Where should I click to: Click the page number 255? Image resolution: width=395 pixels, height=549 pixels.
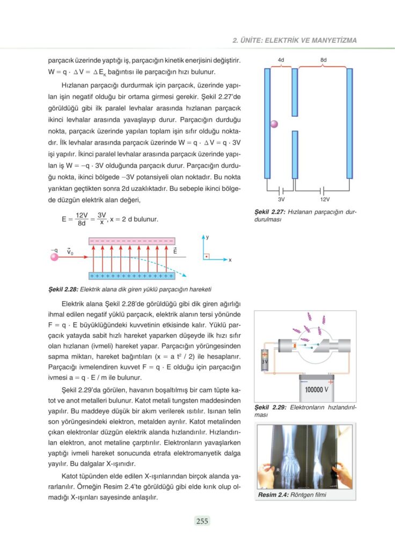pos(202,521)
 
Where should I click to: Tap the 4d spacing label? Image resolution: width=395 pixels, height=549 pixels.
pos(281,60)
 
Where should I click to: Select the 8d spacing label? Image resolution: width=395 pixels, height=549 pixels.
pos(323,60)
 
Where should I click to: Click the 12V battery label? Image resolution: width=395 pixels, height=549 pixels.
pos(324,199)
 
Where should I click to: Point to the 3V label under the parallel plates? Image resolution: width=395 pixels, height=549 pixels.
pos(281,199)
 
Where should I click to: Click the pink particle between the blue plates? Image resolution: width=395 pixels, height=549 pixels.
pos(274,124)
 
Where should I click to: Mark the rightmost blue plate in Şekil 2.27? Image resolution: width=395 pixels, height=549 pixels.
pos(349,123)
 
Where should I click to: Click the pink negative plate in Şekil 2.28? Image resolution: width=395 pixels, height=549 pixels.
pos(131,241)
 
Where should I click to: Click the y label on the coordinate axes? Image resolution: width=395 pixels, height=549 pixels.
pos(207,236)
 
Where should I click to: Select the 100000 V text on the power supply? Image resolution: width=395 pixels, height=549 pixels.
pos(317,390)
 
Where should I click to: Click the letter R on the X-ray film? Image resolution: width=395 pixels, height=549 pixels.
pos(278,470)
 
